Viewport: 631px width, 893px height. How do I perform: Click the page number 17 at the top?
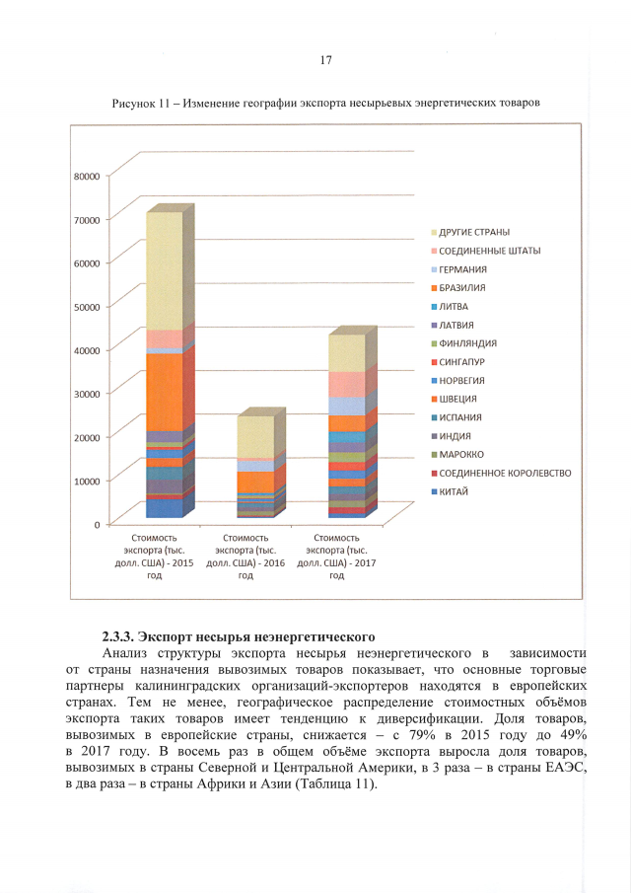[x=325, y=60]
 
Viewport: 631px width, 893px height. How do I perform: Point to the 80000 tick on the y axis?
[x=87, y=175]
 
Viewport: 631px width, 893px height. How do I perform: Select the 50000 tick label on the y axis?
[x=87, y=306]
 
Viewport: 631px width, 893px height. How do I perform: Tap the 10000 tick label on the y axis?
[x=87, y=481]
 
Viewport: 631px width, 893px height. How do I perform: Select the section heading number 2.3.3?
[x=122, y=636]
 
